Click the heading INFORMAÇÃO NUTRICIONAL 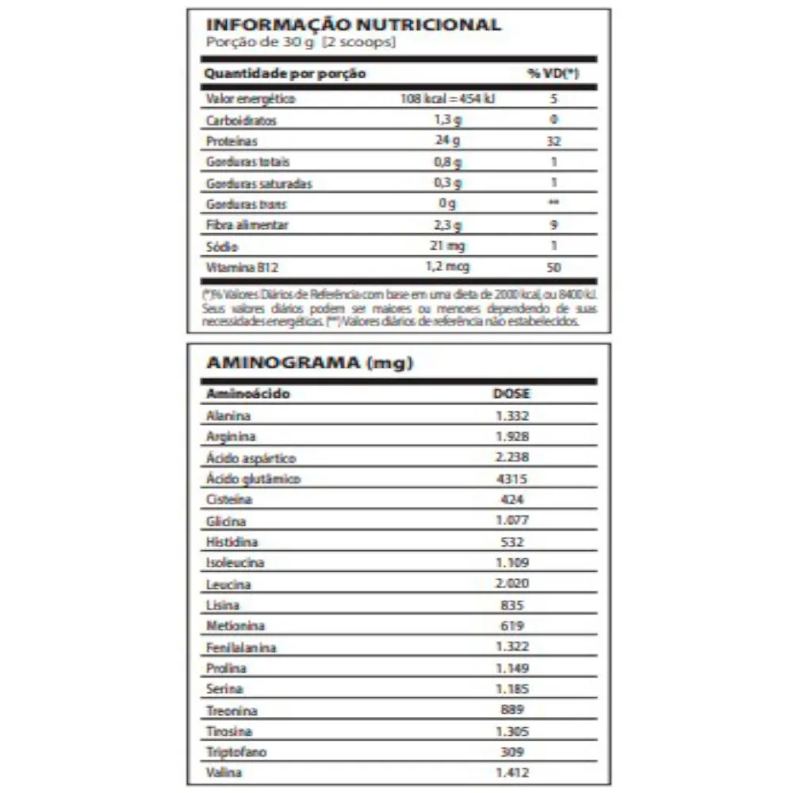(353, 25)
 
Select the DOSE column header (511, 393)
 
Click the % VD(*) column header (553, 74)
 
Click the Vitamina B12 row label (236, 267)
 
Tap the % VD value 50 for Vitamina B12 (554, 267)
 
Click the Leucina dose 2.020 (511, 584)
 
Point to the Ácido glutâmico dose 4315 (511, 479)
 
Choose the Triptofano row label (233, 752)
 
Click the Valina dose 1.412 (511, 772)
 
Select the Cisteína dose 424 (511, 500)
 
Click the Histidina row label (232, 542)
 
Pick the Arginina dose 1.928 (511, 436)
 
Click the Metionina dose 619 (511, 626)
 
